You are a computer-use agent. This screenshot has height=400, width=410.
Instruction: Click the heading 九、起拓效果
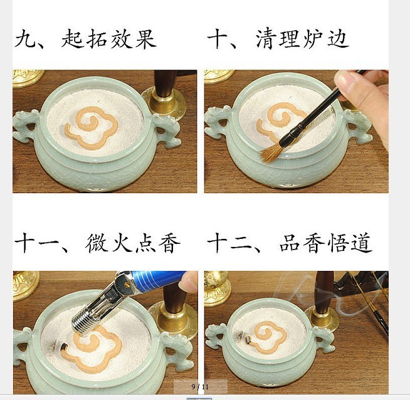pyautogui.click(x=85, y=39)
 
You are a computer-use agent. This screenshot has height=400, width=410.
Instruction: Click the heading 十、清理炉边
pyautogui.click(x=278, y=39)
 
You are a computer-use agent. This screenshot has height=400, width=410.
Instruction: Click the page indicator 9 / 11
pyautogui.click(x=199, y=386)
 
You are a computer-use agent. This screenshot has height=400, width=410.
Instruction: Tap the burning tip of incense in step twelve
pyautogui.click(x=248, y=340)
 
